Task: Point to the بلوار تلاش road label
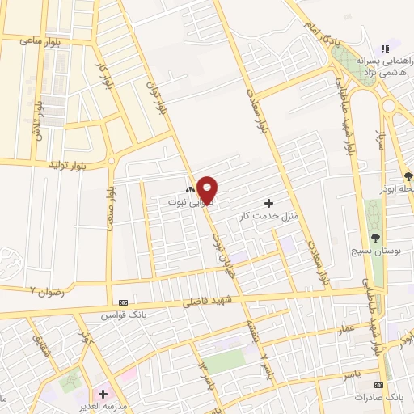(x=38, y=120)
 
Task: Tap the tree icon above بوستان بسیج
(x=375, y=237)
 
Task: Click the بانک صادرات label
(x=383, y=399)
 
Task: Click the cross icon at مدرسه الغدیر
(x=103, y=394)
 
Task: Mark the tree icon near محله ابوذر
(x=408, y=175)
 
